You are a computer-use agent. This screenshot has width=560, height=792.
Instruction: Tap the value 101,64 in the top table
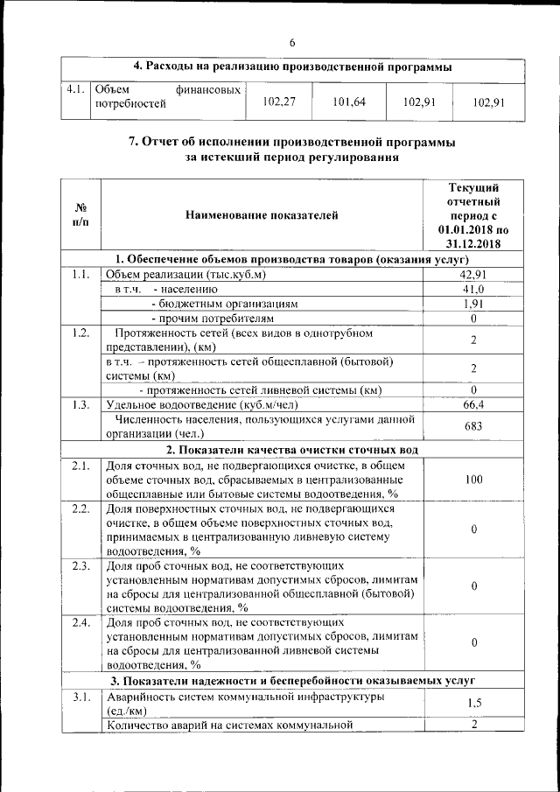(349, 102)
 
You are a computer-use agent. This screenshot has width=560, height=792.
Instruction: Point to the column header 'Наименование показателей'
(261, 215)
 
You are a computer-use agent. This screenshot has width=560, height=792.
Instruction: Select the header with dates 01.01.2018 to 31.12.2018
(473, 215)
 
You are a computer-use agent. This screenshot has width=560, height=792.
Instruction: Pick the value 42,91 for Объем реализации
(473, 275)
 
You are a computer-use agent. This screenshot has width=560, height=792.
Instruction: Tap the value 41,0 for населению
(473, 289)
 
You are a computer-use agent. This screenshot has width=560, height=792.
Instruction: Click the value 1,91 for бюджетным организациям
(473, 304)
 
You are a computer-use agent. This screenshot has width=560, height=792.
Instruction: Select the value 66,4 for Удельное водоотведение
(473, 404)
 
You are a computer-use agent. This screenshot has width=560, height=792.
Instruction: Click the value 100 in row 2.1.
(473, 480)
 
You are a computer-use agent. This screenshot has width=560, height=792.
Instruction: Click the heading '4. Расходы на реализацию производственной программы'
(292, 67)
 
